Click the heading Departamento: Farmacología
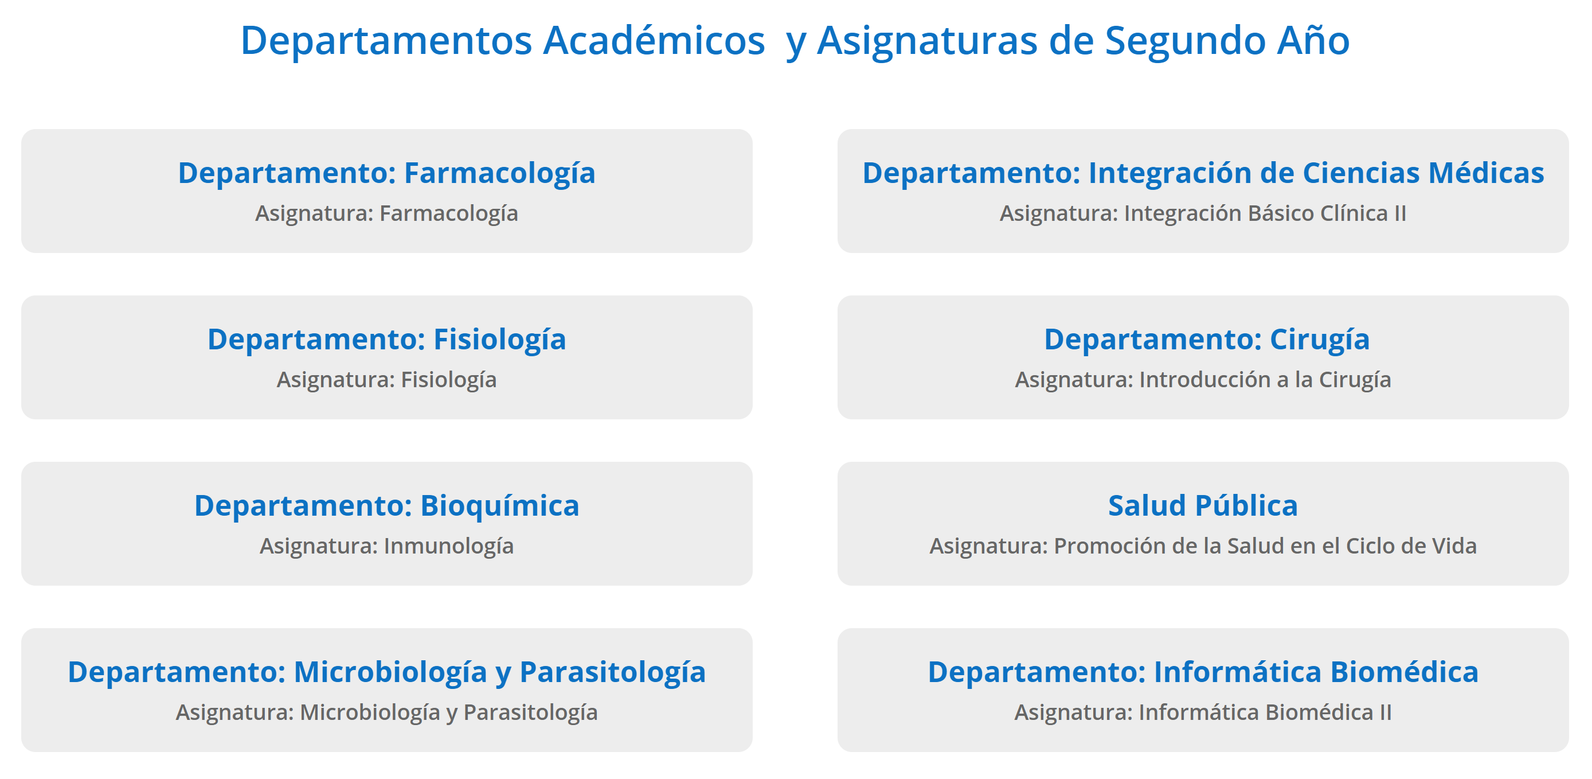(387, 173)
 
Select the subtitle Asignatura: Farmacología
(387, 214)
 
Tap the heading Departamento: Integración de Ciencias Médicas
(1203, 173)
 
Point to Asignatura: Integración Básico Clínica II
(1203, 214)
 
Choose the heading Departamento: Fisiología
(387, 340)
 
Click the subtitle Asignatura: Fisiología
(387, 380)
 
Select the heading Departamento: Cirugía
(1207, 340)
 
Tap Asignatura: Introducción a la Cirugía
(1203, 380)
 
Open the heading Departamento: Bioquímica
(387, 506)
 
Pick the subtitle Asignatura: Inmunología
(387, 547)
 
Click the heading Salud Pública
(1203, 506)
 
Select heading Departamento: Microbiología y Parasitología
(387, 672)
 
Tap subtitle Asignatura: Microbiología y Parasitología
(387, 713)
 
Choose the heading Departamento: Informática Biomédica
(1203, 672)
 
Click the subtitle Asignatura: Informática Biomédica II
(1203, 713)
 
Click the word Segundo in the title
(1186, 41)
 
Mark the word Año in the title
(1314, 40)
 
